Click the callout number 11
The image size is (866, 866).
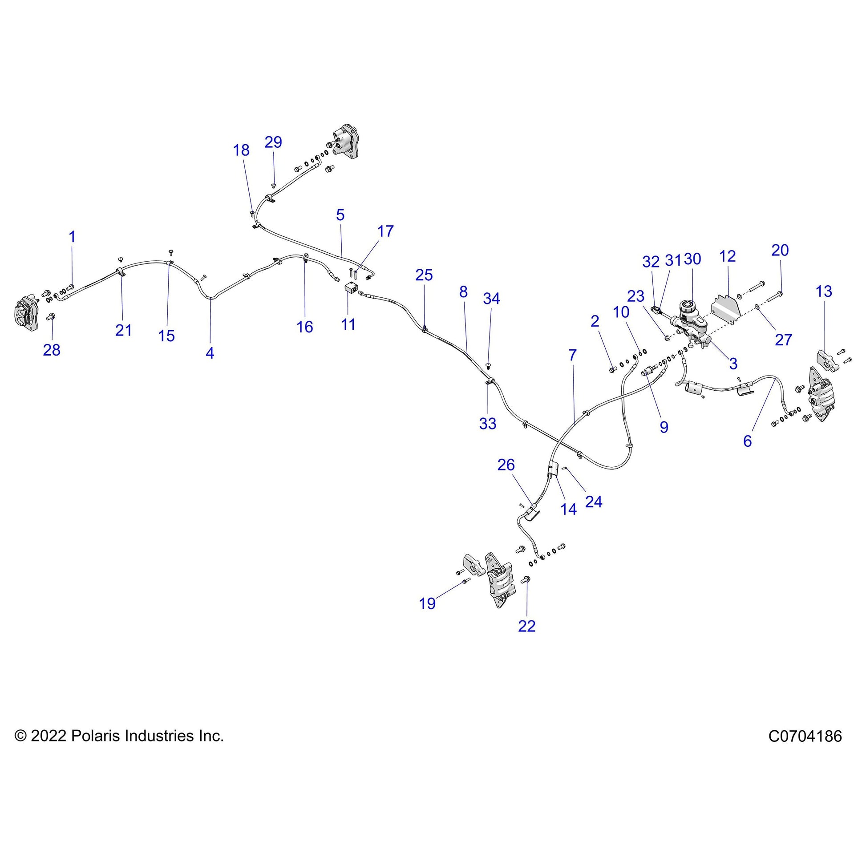click(x=348, y=324)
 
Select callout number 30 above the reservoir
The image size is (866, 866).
click(x=692, y=259)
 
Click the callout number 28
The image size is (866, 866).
click(x=52, y=350)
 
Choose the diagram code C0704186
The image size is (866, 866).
click(x=805, y=736)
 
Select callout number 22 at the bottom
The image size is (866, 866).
click(x=527, y=626)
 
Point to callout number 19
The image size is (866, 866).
click(x=427, y=603)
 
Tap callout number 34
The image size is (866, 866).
click(x=491, y=299)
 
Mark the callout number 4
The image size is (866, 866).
click(x=210, y=353)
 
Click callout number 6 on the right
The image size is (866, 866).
click(x=747, y=441)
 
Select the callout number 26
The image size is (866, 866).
click(x=506, y=465)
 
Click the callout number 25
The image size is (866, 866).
click(x=424, y=275)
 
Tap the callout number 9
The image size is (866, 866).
click(x=664, y=427)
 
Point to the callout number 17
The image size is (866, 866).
click(x=385, y=231)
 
